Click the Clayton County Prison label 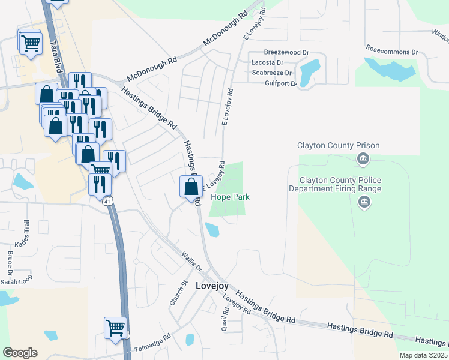[x=339, y=146]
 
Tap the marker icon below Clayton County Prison [x=363, y=159]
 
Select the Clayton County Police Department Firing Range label [x=340, y=184]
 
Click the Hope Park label [x=229, y=197]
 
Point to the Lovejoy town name [x=212, y=286]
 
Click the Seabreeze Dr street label [x=271, y=73]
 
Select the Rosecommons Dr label [x=391, y=52]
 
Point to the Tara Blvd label [x=59, y=57]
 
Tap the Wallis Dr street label [x=191, y=260]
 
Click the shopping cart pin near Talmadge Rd [x=115, y=328]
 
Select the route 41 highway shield [x=106, y=202]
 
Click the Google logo [x=20, y=353]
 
